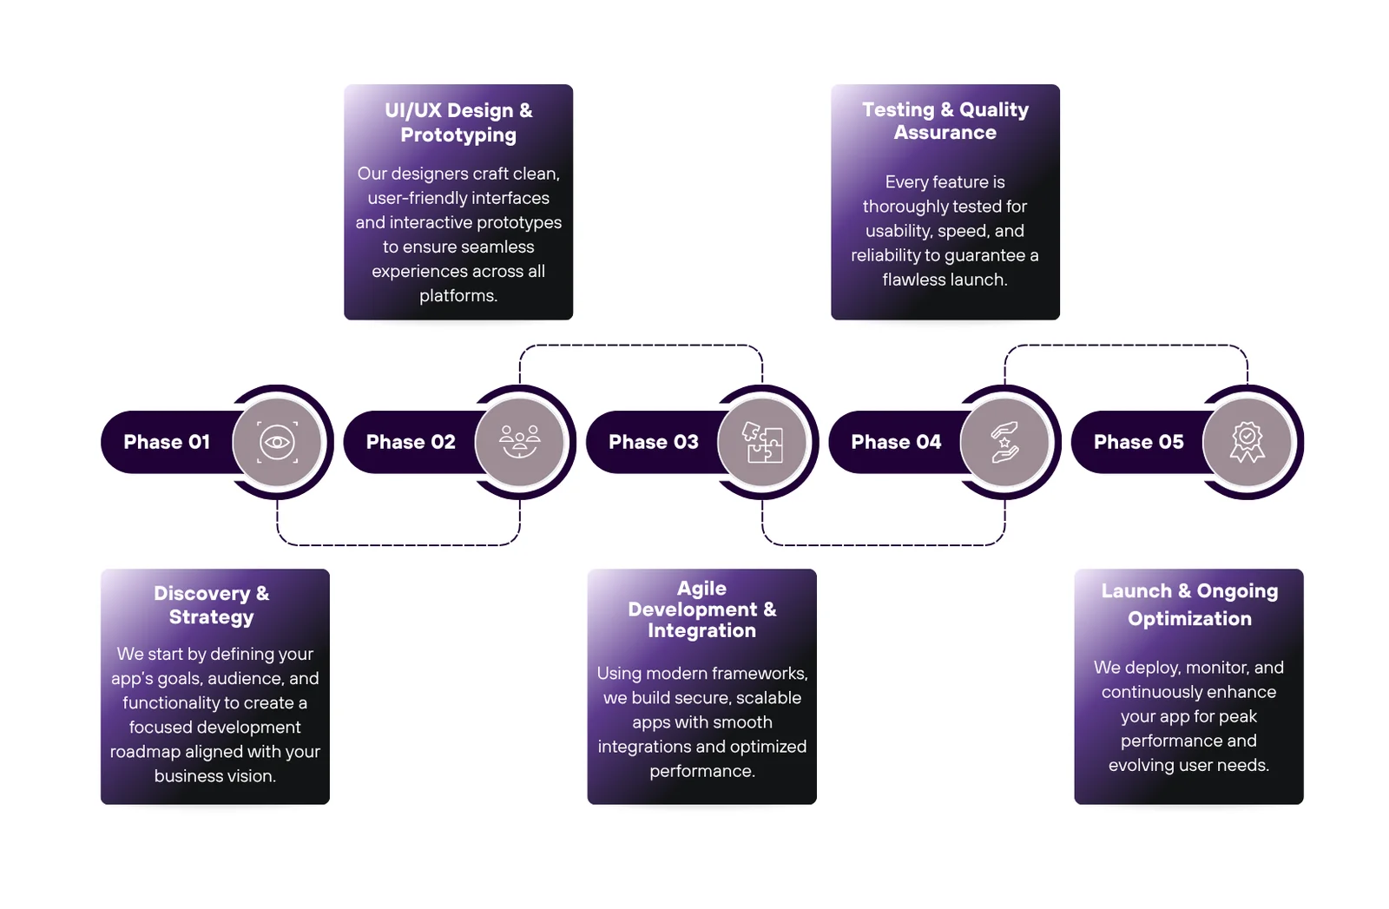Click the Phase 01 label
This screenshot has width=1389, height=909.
167,442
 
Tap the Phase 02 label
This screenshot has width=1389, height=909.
411,442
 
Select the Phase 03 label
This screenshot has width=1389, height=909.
654,442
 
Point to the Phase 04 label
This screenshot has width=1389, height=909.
896,442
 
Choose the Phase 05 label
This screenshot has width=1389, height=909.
1138,442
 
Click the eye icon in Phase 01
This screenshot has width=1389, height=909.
277,442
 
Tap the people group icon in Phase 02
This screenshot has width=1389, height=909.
520,442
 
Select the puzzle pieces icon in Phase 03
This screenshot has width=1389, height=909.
762,442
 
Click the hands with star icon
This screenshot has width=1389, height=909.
1004,442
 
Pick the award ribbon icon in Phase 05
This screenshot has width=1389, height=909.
1247,442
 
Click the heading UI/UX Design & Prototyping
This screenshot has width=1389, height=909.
458,122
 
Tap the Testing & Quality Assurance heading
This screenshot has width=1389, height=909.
945,121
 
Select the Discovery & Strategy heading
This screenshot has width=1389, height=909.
212,605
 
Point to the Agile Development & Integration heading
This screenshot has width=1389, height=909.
702,609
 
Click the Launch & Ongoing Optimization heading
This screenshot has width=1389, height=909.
1189,604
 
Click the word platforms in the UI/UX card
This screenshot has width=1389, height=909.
458,296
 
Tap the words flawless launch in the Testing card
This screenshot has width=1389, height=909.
945,280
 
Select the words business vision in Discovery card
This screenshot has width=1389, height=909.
215,776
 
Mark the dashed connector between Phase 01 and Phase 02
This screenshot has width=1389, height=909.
398,544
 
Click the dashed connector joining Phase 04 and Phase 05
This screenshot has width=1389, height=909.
1126,346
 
